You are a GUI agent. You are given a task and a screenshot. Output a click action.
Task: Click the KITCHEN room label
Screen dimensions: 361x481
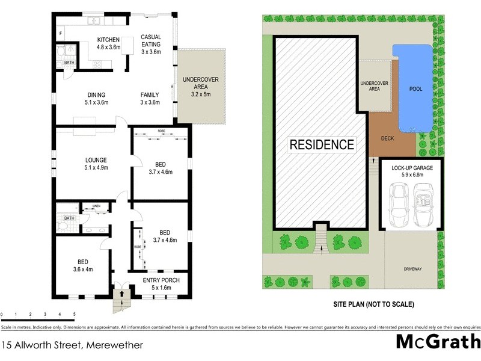click(x=109, y=43)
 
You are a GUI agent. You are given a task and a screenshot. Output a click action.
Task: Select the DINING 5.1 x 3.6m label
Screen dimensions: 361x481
click(x=96, y=99)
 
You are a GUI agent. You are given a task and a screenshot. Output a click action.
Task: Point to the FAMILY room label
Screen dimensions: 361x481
click(x=150, y=99)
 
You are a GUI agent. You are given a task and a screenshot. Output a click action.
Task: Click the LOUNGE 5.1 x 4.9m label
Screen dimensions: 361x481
click(x=96, y=164)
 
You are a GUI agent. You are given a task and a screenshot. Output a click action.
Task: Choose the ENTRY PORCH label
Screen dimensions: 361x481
click(x=156, y=283)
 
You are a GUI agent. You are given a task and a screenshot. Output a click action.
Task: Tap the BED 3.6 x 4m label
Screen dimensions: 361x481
click(x=82, y=265)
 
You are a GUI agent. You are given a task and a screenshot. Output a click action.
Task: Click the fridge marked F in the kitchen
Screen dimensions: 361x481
click(x=60, y=32)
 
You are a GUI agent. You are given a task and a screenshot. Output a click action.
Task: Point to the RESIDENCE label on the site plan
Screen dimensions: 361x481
click(x=322, y=145)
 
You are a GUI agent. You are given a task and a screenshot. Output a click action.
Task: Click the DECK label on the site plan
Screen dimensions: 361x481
click(x=388, y=138)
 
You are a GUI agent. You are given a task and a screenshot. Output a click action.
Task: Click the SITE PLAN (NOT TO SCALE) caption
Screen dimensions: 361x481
click(x=373, y=304)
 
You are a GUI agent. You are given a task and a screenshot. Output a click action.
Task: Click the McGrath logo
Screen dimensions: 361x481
click(x=437, y=342)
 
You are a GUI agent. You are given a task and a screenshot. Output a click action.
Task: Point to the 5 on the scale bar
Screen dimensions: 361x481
click(x=74, y=314)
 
